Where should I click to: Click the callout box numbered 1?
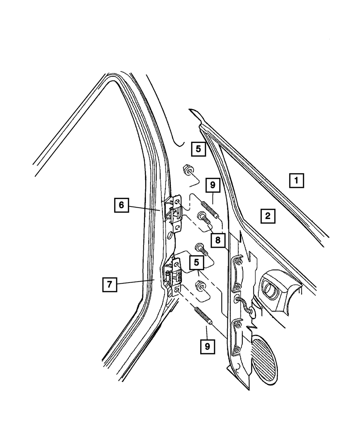click(x=296, y=180)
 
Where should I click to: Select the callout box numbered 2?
click(x=267, y=216)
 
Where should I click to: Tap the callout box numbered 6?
click(x=121, y=205)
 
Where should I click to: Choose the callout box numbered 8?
click(x=218, y=240)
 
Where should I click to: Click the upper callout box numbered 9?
click(x=212, y=185)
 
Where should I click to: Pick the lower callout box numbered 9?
click(x=207, y=347)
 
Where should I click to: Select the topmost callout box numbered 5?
click(x=198, y=148)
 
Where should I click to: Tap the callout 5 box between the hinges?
click(x=197, y=262)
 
